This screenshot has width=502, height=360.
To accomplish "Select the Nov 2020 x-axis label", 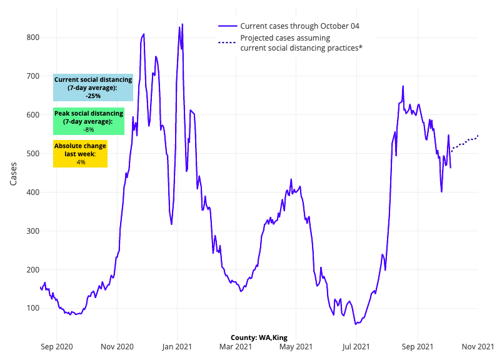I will (116, 346).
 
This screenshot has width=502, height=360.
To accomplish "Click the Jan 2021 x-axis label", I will (177, 346).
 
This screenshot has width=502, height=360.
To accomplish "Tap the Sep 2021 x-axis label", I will (417, 346).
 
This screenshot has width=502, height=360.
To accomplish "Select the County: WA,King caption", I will (259, 337).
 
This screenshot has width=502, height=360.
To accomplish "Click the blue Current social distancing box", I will (93, 87).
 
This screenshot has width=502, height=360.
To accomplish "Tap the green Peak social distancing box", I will (89, 121).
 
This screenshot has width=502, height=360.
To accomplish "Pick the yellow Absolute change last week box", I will (80, 154).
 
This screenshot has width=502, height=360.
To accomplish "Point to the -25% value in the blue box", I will (93, 96).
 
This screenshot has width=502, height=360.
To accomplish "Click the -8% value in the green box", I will (89, 130).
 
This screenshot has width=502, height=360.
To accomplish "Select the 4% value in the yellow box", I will (81, 162).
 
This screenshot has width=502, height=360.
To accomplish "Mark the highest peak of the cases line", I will (183, 24).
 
